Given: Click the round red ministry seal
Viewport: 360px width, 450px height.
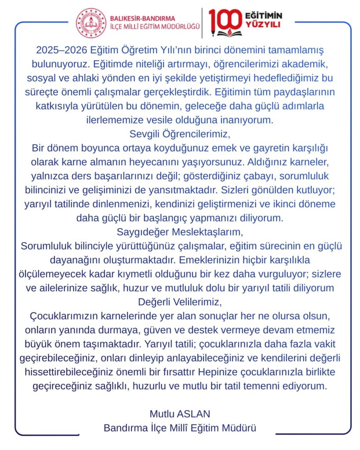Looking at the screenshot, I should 91,23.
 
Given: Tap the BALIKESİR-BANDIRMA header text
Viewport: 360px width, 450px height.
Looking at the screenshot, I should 142,18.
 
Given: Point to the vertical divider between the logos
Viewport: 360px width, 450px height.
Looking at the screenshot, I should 202,23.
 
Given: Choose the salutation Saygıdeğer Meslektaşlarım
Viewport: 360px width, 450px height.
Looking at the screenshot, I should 180,231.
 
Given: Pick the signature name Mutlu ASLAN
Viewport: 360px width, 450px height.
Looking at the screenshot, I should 180,414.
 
